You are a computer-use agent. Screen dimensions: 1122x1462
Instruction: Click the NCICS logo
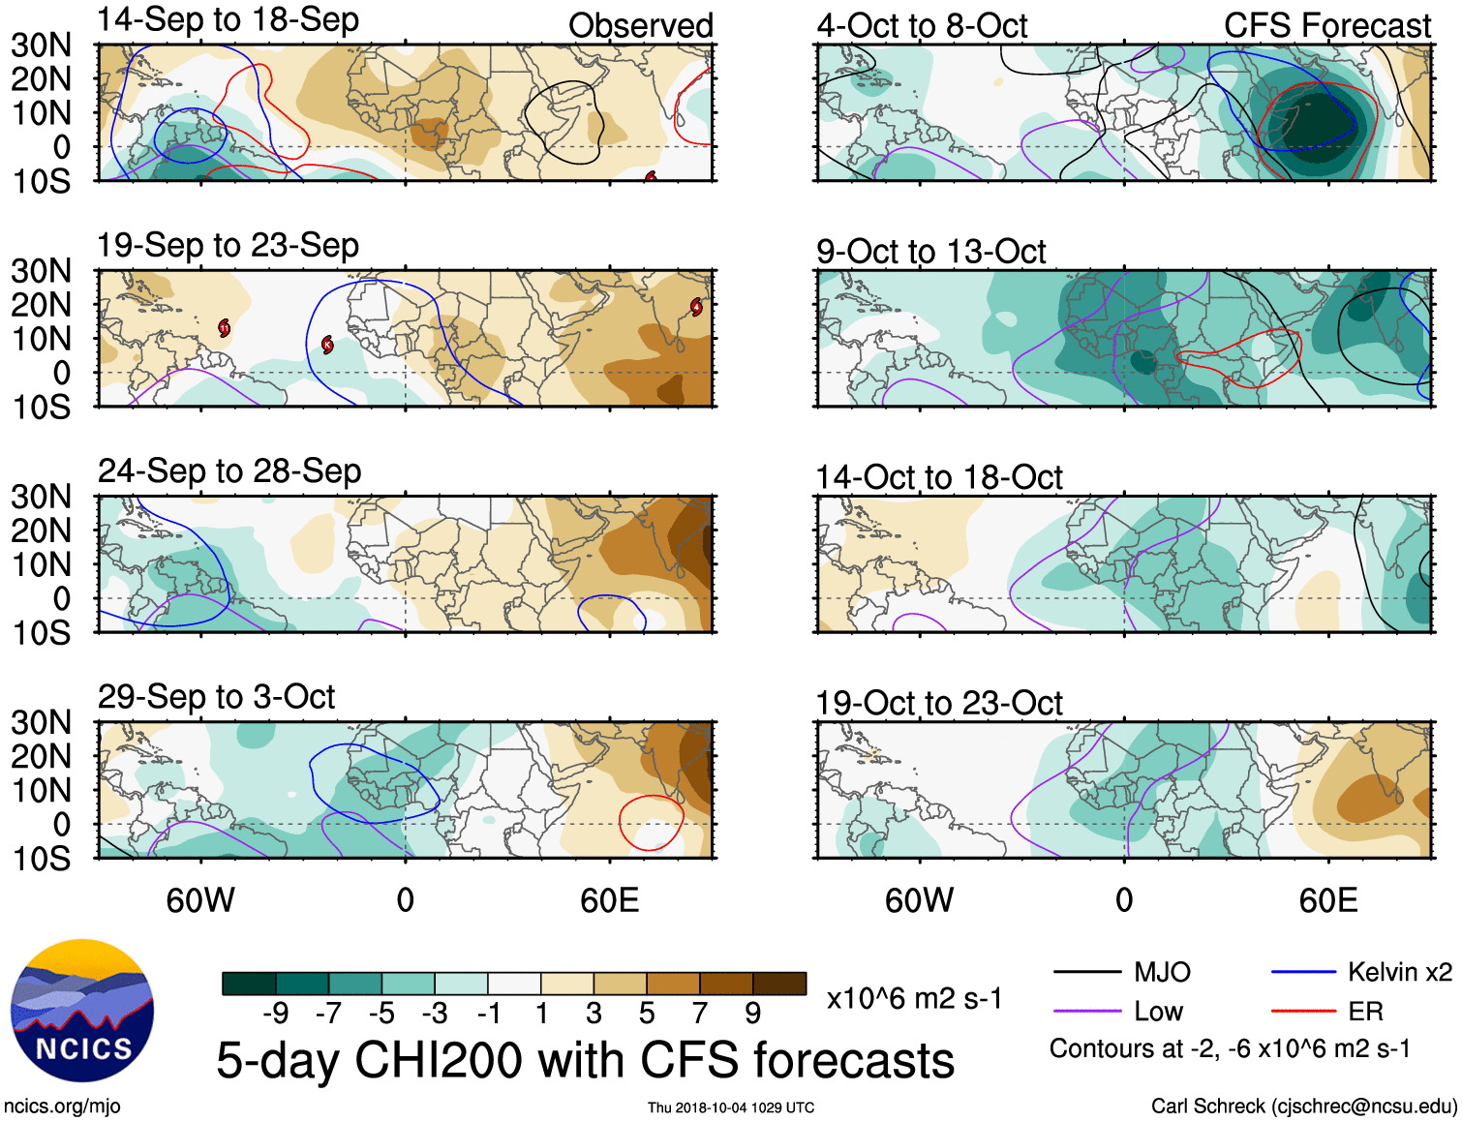[x=82, y=1010]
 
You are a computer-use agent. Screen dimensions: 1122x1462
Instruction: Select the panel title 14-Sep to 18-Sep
[x=228, y=19]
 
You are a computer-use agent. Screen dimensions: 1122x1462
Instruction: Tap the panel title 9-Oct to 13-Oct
[x=930, y=252]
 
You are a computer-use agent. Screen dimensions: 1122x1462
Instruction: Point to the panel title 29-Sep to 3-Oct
[x=216, y=697]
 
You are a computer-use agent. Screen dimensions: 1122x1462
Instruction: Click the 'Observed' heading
[x=640, y=26]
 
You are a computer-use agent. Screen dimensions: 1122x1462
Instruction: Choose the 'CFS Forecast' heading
[x=1326, y=26]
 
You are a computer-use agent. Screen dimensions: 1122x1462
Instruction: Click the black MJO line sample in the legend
[x=1086, y=972]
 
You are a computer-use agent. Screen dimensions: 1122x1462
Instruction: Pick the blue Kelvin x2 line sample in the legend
[x=1302, y=972]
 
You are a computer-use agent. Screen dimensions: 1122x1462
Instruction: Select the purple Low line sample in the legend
[x=1086, y=1012]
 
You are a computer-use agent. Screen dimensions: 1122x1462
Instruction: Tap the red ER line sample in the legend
[x=1302, y=1012]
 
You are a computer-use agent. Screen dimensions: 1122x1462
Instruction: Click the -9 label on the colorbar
[x=275, y=1014]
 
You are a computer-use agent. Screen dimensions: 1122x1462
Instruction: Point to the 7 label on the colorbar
[x=700, y=1014]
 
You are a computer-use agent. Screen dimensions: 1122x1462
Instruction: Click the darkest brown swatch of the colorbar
[x=779, y=984]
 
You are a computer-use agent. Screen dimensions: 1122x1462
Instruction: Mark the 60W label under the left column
[x=200, y=901]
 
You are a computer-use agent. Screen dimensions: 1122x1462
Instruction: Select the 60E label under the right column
[x=1328, y=901]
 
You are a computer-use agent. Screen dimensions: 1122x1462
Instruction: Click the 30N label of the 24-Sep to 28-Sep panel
[x=42, y=498]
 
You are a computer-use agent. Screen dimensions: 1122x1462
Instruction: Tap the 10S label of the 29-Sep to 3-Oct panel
[x=42, y=859]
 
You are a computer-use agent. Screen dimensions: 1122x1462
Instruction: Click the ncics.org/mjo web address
[x=62, y=1107]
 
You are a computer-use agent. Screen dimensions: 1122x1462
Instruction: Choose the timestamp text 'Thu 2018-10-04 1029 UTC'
[x=731, y=1107]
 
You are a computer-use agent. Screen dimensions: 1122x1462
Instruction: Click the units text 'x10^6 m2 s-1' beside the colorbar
[x=914, y=998]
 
